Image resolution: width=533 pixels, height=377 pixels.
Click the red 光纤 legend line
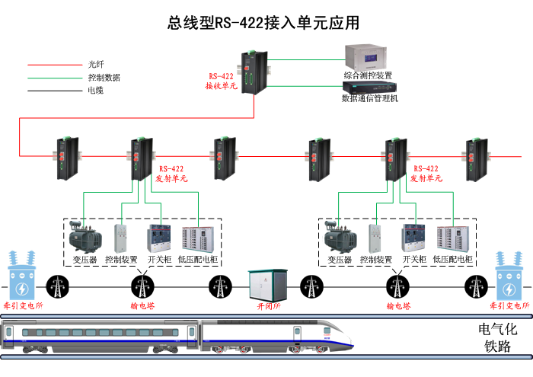tap(54, 65)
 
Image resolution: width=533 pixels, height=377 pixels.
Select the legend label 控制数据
tap(104, 78)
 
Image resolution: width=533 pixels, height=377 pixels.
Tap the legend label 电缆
tap(96, 91)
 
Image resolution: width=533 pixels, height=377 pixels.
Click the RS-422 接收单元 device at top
tap(251, 72)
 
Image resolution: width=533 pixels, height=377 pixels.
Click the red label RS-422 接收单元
tap(221, 81)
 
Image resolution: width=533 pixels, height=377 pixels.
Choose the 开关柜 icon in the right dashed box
tap(413, 238)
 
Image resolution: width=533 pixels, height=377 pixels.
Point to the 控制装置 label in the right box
tap(375, 260)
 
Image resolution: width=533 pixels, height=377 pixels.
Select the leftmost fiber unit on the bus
tap(63, 158)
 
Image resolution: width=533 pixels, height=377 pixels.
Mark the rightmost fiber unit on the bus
tap(477, 158)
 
